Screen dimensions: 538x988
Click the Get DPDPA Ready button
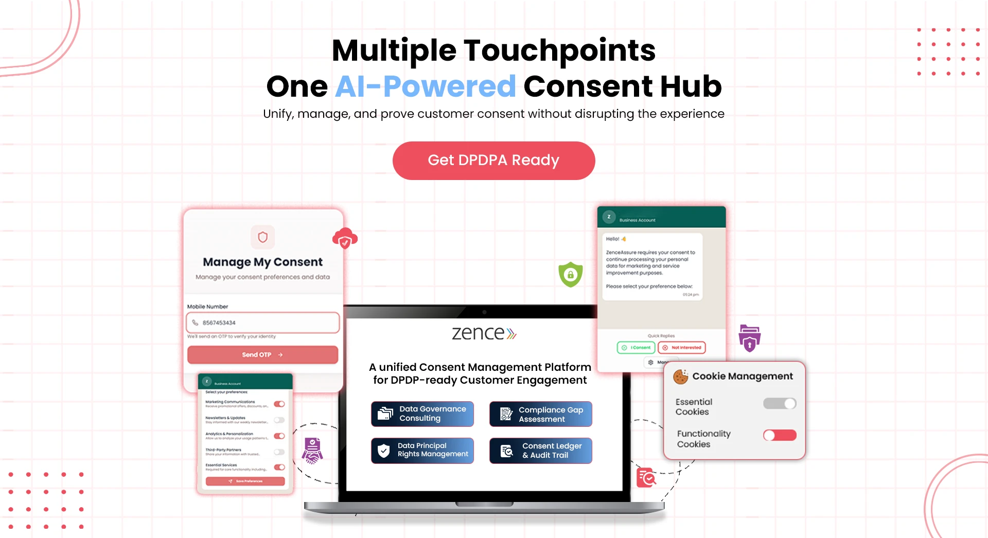(493, 160)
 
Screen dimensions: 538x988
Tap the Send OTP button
(262, 355)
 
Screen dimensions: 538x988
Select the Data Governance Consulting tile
(422, 414)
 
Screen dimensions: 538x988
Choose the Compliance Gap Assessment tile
(540, 414)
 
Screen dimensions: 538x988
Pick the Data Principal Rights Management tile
(422, 450)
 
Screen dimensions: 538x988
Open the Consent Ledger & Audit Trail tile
(540, 451)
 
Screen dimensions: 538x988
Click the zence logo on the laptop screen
(484, 333)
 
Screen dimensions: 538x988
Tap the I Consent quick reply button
(636, 348)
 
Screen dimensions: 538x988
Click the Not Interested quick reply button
(682, 348)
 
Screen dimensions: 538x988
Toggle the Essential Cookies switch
(780, 404)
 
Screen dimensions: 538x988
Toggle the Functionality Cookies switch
(780, 436)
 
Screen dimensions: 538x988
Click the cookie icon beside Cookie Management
(680, 376)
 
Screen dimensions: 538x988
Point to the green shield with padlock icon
(570, 275)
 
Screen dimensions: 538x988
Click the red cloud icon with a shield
(345, 239)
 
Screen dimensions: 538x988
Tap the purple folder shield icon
(749, 338)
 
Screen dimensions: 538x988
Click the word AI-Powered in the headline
(426, 86)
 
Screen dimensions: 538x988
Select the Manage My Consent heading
(262, 262)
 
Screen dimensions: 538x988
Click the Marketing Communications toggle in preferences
(279, 404)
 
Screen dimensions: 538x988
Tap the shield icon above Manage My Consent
(262, 237)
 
